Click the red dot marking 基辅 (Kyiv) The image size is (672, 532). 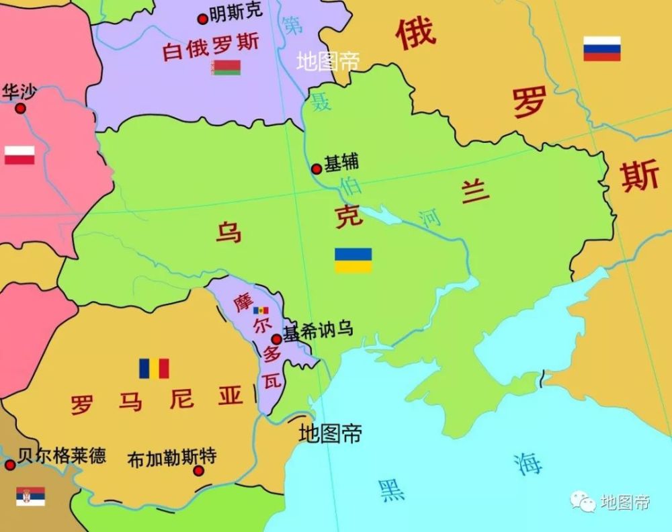(317, 169)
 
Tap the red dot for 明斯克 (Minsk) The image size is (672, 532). (202, 19)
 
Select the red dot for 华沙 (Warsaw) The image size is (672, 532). (21, 108)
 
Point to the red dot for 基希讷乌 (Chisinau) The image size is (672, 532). (276, 339)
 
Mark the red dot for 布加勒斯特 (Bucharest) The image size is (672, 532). (198, 471)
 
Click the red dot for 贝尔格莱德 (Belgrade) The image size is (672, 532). (10, 465)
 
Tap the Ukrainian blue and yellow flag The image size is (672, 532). (353, 260)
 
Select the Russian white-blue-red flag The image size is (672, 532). (601, 48)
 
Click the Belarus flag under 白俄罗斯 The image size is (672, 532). (226, 67)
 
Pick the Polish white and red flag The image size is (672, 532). (19, 155)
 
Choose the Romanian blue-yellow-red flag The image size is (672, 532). (154, 368)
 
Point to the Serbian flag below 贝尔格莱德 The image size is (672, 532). (30, 496)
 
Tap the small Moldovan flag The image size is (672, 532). (261, 310)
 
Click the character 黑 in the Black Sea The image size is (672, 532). (391, 490)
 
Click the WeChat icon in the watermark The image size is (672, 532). (583, 500)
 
